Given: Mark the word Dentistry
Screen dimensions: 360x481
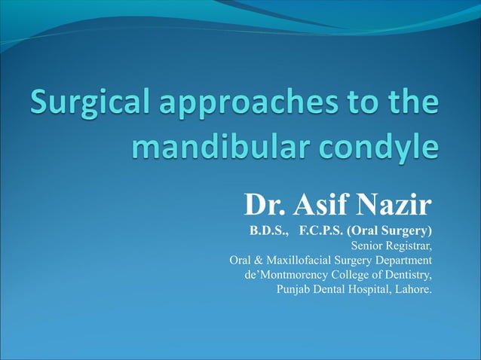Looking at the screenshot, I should (407, 276).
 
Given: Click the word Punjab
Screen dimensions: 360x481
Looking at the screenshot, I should (294, 291).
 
